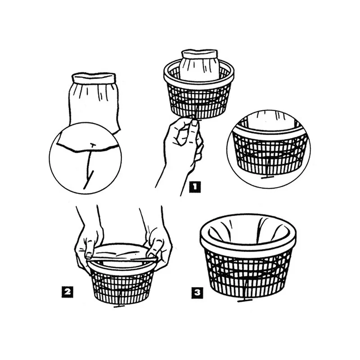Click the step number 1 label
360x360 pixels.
click(x=195, y=187)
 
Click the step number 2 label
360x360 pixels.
click(x=67, y=292)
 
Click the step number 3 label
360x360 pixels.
click(x=197, y=293)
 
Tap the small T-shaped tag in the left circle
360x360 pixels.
click(x=93, y=145)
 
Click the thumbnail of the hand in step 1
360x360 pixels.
click(x=194, y=123)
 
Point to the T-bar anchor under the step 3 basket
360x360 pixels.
click(x=245, y=300)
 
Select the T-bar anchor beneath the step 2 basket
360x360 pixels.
click(x=119, y=306)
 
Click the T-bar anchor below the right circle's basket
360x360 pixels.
click(x=267, y=177)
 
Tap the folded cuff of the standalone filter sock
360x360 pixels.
click(x=94, y=78)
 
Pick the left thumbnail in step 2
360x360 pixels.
click(x=89, y=255)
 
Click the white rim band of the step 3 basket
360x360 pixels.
click(x=248, y=244)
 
